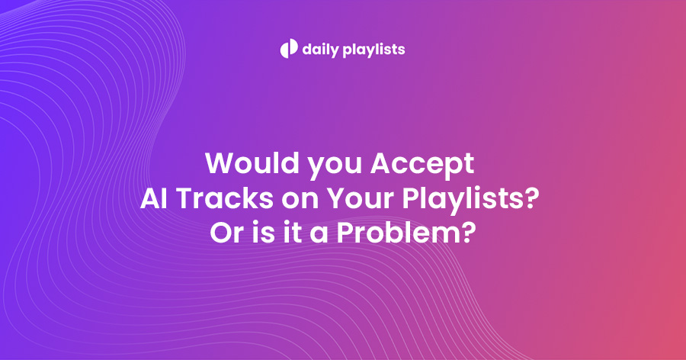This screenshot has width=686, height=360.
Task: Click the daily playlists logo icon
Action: click(x=289, y=49)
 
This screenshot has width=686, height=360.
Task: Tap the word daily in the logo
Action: click(x=321, y=50)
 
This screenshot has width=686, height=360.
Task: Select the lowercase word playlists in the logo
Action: click(x=374, y=50)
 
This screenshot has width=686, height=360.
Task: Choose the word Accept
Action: click(x=422, y=165)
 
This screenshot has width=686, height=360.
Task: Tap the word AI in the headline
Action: click(x=154, y=198)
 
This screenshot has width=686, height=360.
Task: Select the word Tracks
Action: click(x=225, y=198)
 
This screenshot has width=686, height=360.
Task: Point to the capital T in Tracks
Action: click(x=186, y=198)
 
